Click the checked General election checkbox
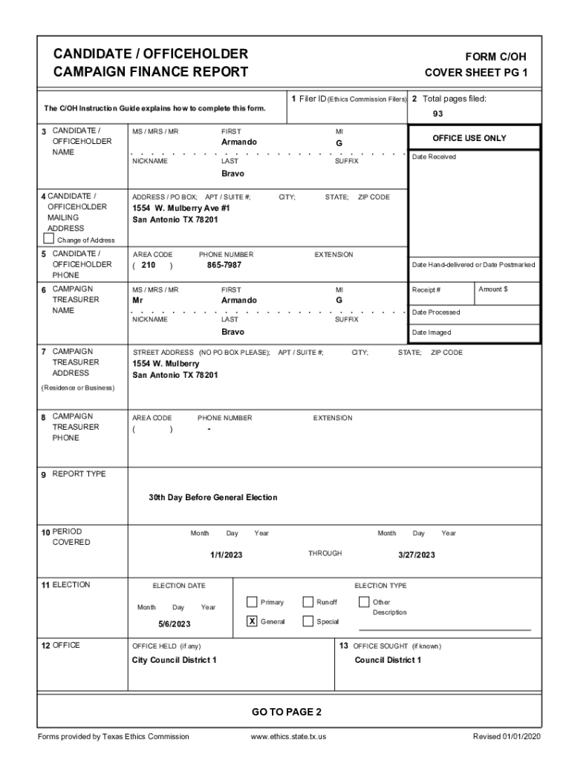(252, 621)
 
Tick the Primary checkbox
(252, 602)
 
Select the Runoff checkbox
(308, 602)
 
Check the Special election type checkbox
(308, 621)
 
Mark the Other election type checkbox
(364, 602)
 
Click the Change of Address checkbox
(49, 239)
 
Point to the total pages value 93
(438, 114)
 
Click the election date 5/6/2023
(175, 624)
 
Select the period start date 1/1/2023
(227, 555)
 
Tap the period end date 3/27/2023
(417, 555)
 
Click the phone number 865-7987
(224, 265)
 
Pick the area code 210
(148, 265)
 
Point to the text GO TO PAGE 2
(287, 712)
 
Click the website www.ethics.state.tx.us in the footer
(289, 736)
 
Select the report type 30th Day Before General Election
(212, 497)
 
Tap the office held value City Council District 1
(175, 660)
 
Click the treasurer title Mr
(137, 301)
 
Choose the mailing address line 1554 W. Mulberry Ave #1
(181, 209)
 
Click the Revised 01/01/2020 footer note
(504, 736)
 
